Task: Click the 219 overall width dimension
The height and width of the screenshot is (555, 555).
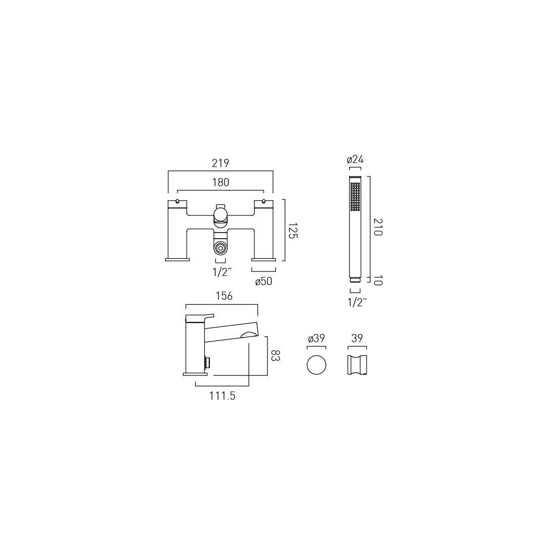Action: tap(220, 163)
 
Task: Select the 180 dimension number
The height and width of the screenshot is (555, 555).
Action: tap(220, 182)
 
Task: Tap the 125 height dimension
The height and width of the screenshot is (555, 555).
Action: tap(293, 231)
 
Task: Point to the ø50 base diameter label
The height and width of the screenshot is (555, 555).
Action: tap(263, 282)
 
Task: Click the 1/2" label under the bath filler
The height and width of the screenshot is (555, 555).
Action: tap(222, 272)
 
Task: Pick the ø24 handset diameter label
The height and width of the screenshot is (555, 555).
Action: tap(355, 159)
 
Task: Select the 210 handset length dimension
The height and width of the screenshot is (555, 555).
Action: tap(378, 227)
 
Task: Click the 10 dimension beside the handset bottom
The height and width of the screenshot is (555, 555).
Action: tap(378, 281)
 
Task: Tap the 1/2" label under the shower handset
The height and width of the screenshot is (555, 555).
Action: tap(357, 302)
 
